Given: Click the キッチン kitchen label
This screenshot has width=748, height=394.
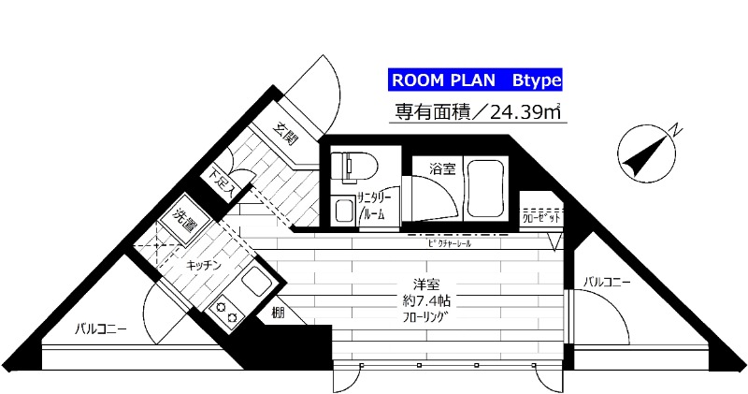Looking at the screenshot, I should click(x=204, y=265).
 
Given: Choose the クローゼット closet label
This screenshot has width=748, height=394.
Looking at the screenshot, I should click(x=539, y=217).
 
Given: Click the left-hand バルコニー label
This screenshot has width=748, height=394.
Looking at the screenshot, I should click(x=101, y=328).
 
